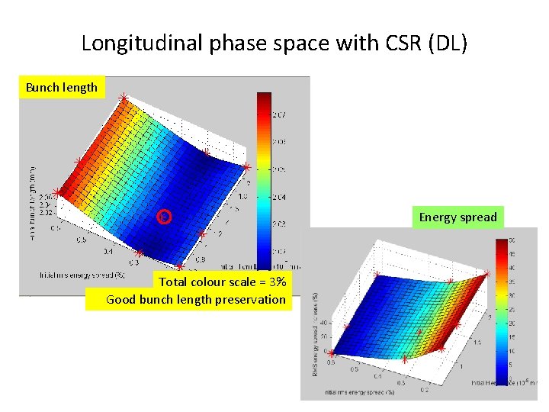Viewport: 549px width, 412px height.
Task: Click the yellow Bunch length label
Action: (x=62, y=87)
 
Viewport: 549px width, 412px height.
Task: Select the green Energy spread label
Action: (x=457, y=217)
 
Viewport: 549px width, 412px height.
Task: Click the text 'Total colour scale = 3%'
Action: (x=223, y=282)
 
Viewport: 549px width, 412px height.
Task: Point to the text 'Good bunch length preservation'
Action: (x=197, y=299)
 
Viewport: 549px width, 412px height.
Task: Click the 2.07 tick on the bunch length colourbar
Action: (x=281, y=115)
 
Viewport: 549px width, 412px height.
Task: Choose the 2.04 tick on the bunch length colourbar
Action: (x=281, y=197)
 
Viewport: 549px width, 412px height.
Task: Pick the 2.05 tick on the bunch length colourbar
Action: (x=281, y=169)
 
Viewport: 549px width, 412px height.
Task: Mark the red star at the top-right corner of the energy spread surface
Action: (x=486, y=272)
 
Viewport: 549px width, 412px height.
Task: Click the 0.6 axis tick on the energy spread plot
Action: (x=331, y=362)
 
